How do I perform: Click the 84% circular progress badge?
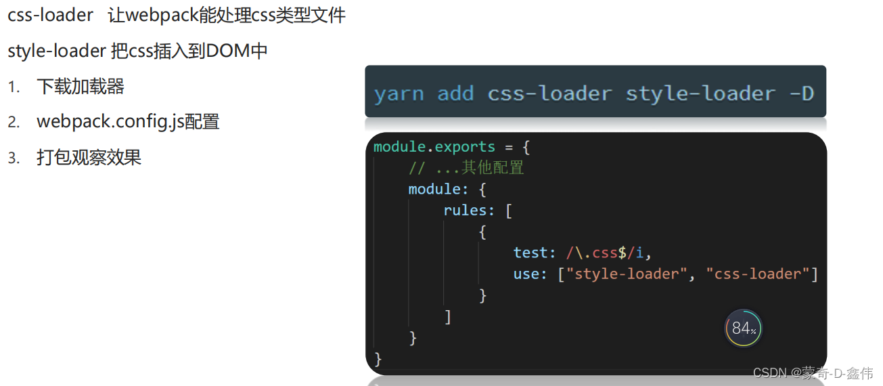pyautogui.click(x=743, y=328)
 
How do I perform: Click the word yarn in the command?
pyautogui.click(x=399, y=93)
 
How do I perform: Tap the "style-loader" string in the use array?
pyautogui.click(x=627, y=274)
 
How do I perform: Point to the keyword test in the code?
pyautogui.click(x=530, y=253)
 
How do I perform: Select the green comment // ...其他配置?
pyautogui.click(x=466, y=168)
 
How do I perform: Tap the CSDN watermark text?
pyautogui.click(x=813, y=373)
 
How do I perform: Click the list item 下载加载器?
pyautogui.click(x=81, y=87)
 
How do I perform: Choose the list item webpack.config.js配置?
pyautogui.click(x=128, y=122)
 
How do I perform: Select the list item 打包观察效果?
pyautogui.click(x=89, y=157)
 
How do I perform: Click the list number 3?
pyautogui.click(x=14, y=158)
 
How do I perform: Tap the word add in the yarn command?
pyautogui.click(x=455, y=93)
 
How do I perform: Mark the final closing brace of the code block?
pyautogui.click(x=378, y=358)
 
